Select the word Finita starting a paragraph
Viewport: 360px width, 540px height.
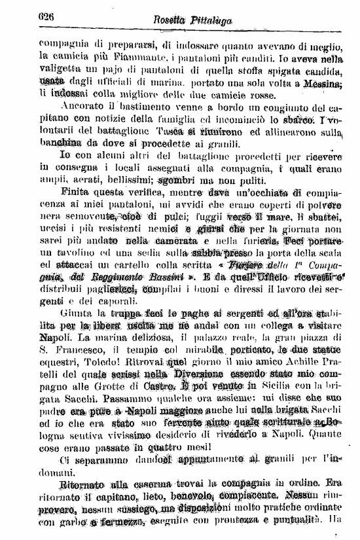click(77, 194)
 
